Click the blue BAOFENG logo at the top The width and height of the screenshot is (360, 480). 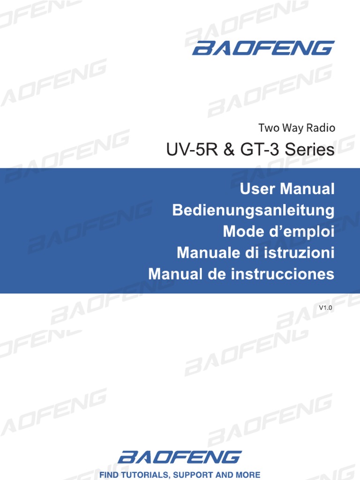click(x=263, y=48)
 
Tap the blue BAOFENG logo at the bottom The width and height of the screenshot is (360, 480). click(x=180, y=457)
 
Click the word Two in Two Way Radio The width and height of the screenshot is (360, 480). click(x=268, y=127)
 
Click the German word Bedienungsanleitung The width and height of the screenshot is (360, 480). click(x=254, y=210)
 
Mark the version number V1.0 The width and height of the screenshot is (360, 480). click(x=325, y=308)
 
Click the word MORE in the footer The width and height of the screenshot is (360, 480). click(x=248, y=475)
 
